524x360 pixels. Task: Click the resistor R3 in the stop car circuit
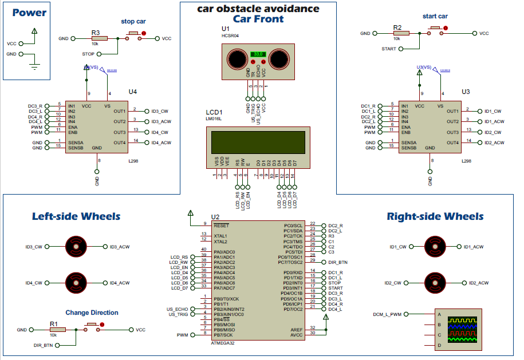(x=95, y=39)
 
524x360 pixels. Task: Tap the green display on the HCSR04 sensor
(x=258, y=53)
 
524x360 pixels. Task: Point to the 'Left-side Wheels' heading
(x=76, y=216)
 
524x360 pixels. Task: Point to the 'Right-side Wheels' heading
(x=435, y=216)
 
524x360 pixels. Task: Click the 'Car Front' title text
(x=258, y=19)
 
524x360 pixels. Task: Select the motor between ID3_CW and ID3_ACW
(x=75, y=247)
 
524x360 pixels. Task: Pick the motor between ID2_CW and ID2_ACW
(x=435, y=283)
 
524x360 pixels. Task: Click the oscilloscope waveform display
(x=464, y=330)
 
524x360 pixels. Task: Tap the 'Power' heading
(x=29, y=13)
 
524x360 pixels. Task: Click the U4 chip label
(x=132, y=92)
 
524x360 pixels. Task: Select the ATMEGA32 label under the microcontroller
(x=222, y=342)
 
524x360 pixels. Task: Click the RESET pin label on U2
(x=221, y=226)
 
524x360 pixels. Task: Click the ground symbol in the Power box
(x=34, y=66)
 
